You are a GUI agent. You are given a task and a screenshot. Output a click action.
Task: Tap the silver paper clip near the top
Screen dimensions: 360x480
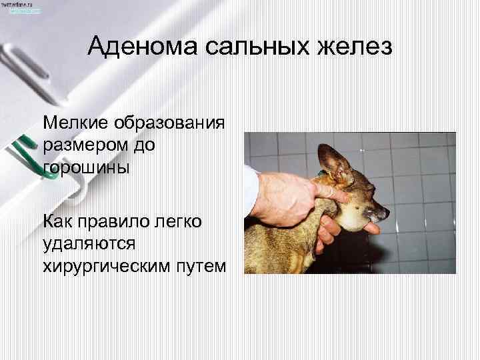click(27, 53)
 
